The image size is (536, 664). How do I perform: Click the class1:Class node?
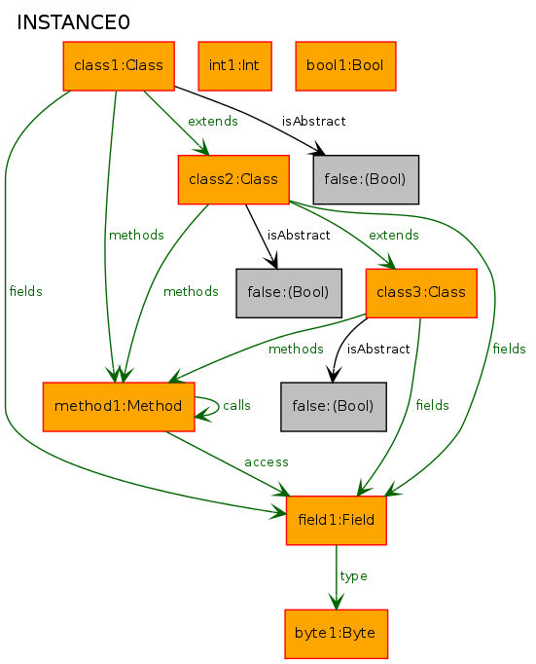pos(119,66)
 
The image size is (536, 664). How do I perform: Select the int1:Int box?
pos(234,66)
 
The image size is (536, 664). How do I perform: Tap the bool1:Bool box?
pos(345,66)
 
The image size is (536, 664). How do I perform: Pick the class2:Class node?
pos(233,179)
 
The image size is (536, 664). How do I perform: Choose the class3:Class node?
pos(421,293)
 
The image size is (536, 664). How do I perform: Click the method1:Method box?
pos(119,407)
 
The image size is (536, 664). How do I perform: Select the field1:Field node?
pos(337,520)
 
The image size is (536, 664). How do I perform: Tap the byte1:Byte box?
pos(337,634)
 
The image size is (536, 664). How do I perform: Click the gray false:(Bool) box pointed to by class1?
pos(366,179)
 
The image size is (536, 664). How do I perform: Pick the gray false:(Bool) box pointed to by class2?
pos(289,293)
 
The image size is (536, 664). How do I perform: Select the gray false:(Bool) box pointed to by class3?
pos(334,407)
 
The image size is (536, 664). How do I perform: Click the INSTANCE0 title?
pos(73,22)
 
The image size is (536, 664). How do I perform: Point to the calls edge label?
pos(237,405)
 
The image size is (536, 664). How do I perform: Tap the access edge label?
pos(267,462)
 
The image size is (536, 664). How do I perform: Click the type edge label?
pos(354,576)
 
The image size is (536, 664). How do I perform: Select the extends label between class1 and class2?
pos(213,121)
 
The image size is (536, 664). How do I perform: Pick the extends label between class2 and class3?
pos(394,235)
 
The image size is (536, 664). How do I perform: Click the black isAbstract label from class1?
pos(314,121)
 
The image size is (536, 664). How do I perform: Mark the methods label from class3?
pos(296,349)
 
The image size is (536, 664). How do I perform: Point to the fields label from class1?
pos(26,291)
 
